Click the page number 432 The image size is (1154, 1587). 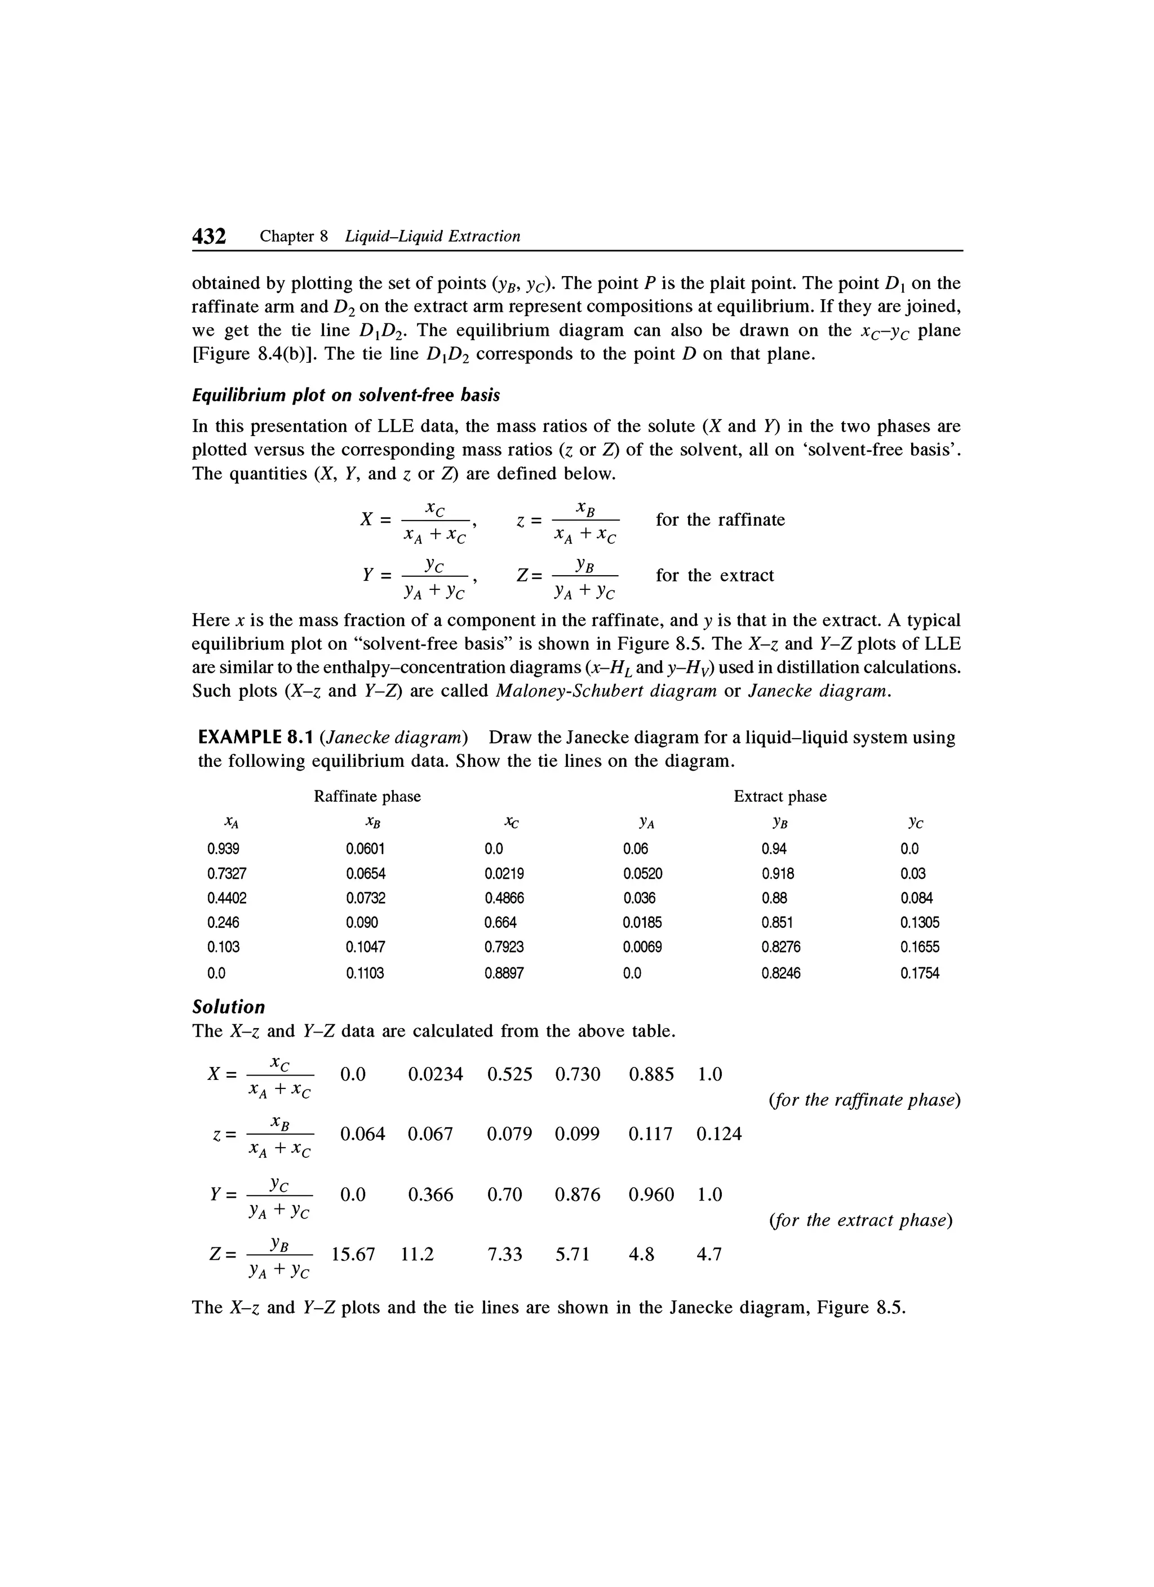pyautogui.click(x=209, y=237)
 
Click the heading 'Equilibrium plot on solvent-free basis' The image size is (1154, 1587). pyautogui.click(x=346, y=395)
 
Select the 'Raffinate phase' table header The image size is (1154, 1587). pyautogui.click(x=367, y=796)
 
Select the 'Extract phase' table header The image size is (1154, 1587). pyautogui.click(x=780, y=796)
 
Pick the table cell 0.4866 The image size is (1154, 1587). pyautogui.click(x=504, y=898)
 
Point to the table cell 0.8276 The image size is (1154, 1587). pyautogui.click(x=780, y=947)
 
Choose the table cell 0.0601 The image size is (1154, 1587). pyautogui.click(x=365, y=849)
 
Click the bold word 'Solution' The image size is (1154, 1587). pyautogui.click(x=229, y=1007)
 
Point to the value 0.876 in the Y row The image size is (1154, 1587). pyautogui.click(x=578, y=1194)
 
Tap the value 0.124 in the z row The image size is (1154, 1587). pyautogui.click(x=718, y=1133)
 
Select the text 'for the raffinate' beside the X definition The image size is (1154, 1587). pyautogui.click(x=720, y=520)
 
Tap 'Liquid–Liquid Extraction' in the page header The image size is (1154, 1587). pyautogui.click(x=433, y=237)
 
